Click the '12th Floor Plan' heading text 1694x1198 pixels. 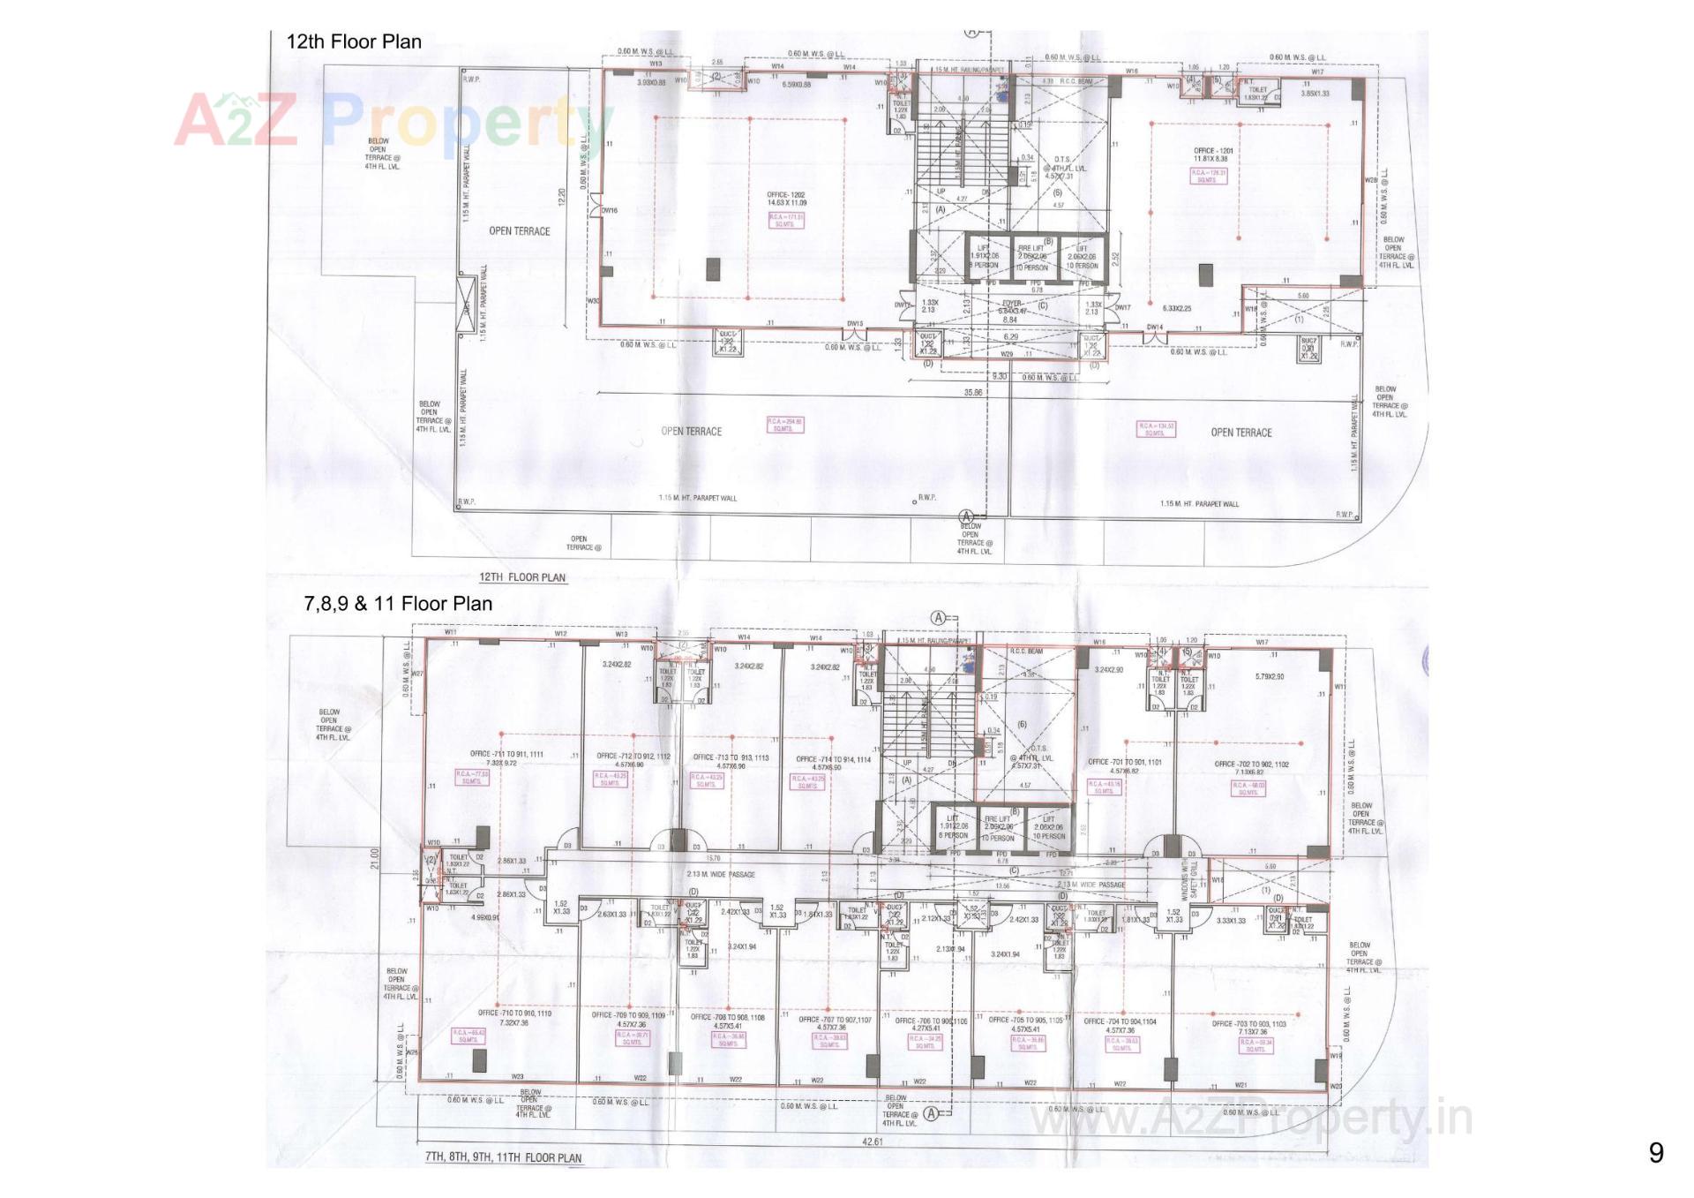point(354,41)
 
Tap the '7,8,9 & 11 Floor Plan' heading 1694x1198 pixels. point(398,604)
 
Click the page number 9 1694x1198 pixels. point(1656,1153)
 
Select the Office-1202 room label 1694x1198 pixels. point(786,199)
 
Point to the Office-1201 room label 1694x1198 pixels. point(1213,155)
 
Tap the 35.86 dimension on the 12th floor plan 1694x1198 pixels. point(973,392)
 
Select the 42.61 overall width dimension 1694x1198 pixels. point(873,1142)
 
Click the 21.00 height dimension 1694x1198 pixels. point(373,858)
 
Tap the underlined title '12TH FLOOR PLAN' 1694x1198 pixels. point(522,577)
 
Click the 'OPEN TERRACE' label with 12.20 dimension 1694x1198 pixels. point(520,231)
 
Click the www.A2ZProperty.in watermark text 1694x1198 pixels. point(1252,1119)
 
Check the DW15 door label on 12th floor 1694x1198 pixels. point(855,324)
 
